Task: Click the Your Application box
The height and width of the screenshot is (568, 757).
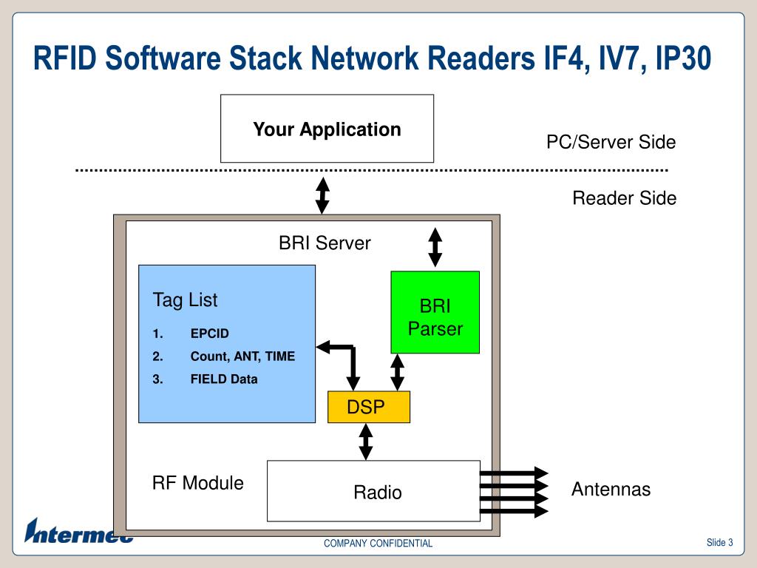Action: coord(327,129)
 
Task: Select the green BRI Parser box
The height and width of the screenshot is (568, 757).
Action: coord(435,312)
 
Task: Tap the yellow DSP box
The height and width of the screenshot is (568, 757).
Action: coord(369,407)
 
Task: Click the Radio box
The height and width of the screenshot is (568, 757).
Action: coord(373,491)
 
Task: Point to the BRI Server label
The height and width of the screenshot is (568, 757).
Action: coord(325,243)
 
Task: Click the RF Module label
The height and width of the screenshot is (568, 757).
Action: coord(198,483)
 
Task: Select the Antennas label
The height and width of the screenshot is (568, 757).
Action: coord(611,490)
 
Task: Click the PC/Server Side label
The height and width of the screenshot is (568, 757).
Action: coord(611,142)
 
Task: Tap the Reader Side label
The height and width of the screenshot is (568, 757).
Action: coord(625,198)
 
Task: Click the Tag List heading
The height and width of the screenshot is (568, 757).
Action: coord(186,300)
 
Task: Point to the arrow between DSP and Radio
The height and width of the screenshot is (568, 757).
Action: coord(366,442)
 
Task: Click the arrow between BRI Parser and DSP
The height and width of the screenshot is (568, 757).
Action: coord(397,372)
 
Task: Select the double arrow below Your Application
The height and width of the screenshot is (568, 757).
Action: coord(322,195)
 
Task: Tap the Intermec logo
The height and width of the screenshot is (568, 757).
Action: coord(78,531)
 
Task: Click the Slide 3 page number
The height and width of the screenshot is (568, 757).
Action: coord(720,542)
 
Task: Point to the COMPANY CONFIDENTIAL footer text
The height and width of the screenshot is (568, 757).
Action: coord(378,544)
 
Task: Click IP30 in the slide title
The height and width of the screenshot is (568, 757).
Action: coord(683,58)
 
